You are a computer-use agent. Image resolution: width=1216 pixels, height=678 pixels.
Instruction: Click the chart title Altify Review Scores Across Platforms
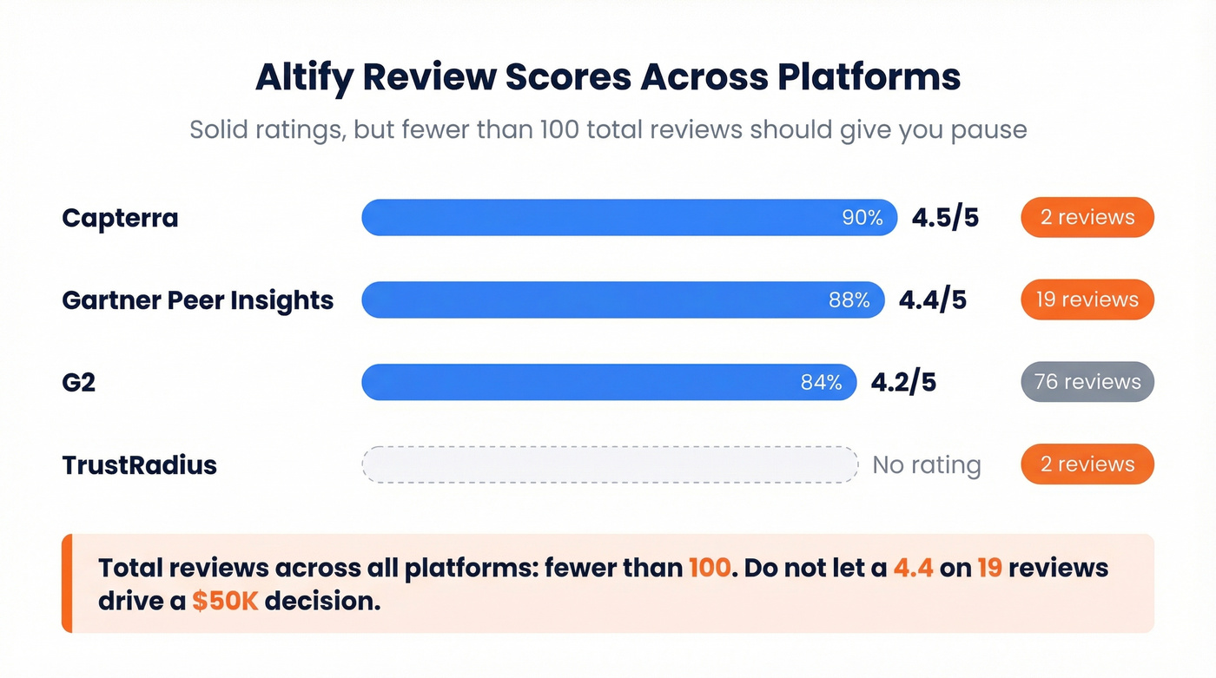[x=608, y=77]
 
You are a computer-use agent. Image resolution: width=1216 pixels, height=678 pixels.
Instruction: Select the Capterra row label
[x=120, y=218]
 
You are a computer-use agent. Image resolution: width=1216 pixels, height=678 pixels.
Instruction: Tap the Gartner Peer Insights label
[x=198, y=300]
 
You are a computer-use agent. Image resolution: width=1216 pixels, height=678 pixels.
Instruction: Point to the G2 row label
[x=78, y=383]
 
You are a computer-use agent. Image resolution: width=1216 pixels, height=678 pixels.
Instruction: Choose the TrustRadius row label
[x=139, y=465]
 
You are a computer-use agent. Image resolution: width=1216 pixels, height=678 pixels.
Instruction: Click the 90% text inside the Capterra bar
[x=862, y=218]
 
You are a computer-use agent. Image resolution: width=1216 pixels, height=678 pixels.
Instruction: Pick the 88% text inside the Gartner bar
[x=849, y=300]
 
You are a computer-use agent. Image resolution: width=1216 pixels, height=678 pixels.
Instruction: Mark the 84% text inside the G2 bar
[x=821, y=383]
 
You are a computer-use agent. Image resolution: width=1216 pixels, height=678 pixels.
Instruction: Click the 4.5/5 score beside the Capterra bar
[x=945, y=218]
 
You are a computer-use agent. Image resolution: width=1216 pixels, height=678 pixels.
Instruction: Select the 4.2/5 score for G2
[x=903, y=383]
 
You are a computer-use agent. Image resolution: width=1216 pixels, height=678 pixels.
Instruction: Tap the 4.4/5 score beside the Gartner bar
[x=932, y=300]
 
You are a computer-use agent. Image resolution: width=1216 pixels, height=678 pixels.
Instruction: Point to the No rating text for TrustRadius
[x=926, y=465]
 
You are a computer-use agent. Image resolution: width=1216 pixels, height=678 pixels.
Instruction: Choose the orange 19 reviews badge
[x=1087, y=300]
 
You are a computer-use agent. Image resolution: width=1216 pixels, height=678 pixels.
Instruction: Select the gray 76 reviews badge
[x=1087, y=382]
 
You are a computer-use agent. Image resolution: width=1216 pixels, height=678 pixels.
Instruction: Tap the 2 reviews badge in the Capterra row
[x=1087, y=217]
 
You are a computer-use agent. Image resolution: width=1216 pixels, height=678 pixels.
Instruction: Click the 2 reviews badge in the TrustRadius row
[x=1087, y=464]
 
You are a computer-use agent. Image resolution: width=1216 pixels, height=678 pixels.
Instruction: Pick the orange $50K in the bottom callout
[x=225, y=602]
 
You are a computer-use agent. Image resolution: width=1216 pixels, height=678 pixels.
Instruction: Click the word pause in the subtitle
[x=988, y=130]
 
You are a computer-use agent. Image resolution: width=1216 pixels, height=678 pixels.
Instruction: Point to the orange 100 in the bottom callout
[x=710, y=569]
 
